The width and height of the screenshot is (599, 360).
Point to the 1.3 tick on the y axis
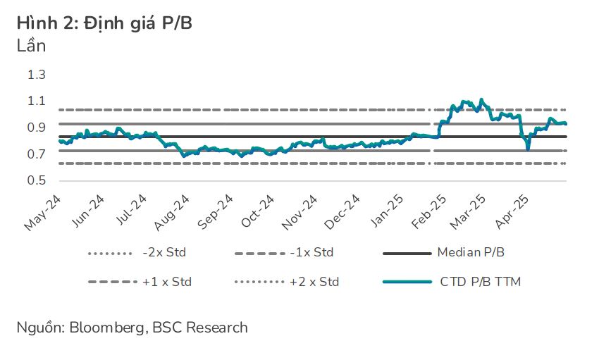36,75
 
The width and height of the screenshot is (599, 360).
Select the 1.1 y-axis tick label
36,101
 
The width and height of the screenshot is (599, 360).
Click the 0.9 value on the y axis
36,128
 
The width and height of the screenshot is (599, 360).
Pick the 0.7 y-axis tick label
36,154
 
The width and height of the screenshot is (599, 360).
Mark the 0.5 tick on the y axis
36,180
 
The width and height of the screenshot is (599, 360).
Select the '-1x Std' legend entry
312,252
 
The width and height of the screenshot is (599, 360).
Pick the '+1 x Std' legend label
166,282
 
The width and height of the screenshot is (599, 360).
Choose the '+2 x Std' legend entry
314,282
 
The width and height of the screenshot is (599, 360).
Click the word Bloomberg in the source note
100,328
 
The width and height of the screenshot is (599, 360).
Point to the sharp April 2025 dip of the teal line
527,148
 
